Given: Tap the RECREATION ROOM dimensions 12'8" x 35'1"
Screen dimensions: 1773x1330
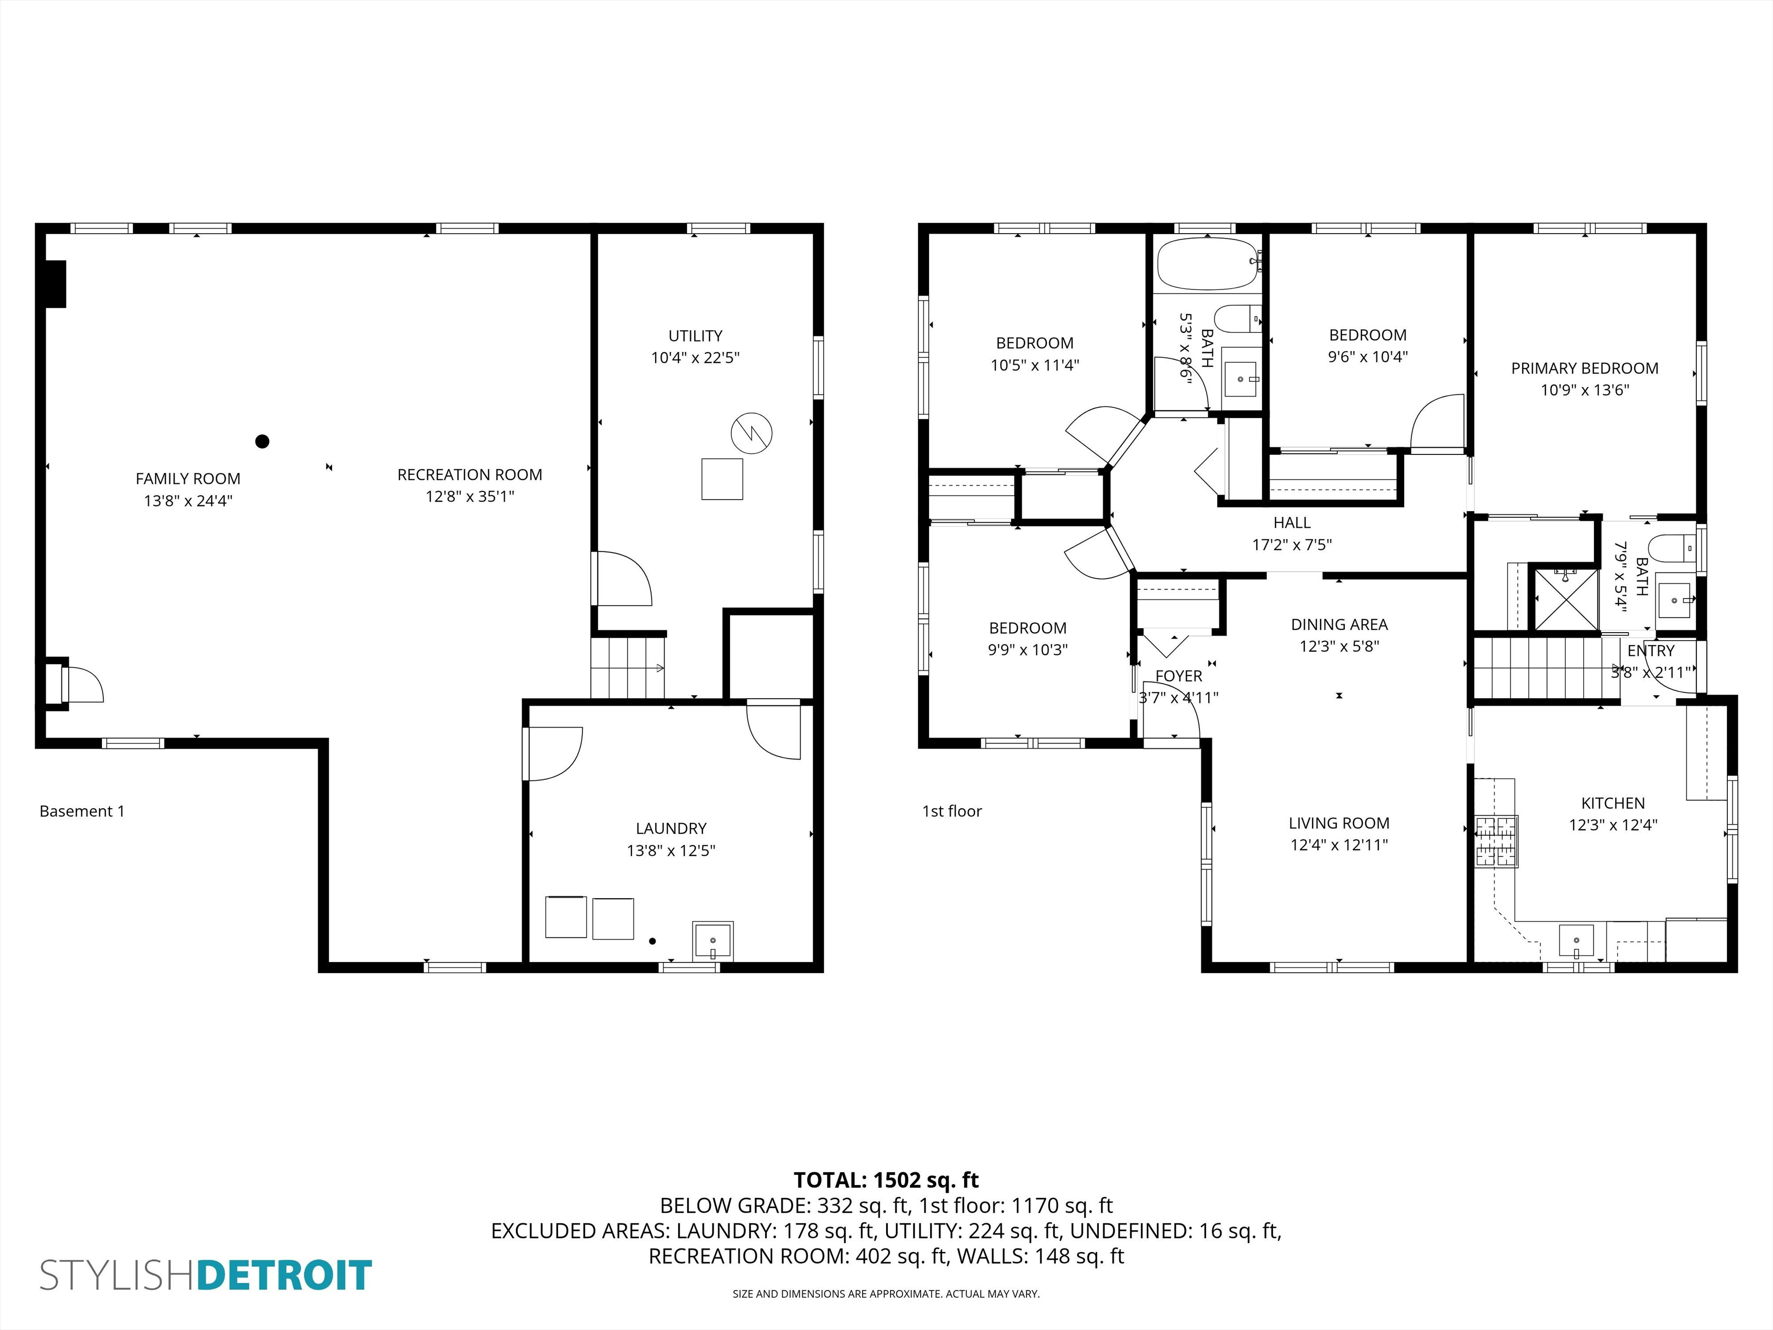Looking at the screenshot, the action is coord(470,496).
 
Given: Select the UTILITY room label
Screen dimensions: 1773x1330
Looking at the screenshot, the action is coord(695,336).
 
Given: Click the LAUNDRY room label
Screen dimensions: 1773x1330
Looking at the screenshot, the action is coord(671,828).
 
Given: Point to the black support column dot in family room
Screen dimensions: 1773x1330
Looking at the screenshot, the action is coord(262,441).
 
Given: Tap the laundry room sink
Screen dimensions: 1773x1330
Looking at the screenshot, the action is coord(712,940).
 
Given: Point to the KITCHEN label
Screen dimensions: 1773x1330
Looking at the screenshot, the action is coord(1613,803).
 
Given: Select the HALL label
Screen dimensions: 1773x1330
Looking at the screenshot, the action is coord(1292,523).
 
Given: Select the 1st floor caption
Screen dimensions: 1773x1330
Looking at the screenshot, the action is coord(952,811).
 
